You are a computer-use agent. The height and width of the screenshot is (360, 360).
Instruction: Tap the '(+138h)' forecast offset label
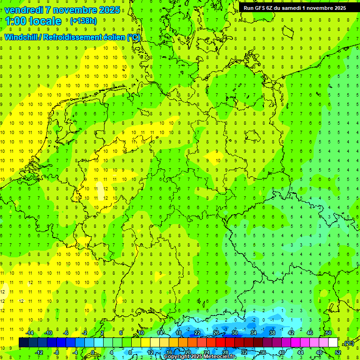[x=83, y=21]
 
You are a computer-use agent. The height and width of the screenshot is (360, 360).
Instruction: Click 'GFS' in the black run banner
[x=260, y=7]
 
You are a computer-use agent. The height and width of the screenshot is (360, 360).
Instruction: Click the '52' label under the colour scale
[x=337, y=352]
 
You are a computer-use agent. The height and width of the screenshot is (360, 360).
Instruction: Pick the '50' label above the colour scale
[x=328, y=332]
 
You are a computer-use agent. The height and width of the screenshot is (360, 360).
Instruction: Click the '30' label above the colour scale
[x=234, y=332]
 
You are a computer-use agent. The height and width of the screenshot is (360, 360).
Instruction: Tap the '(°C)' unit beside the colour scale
[x=348, y=343]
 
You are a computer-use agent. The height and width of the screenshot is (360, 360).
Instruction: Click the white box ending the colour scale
[x=333, y=343]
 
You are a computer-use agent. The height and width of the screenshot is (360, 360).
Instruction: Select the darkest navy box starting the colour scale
[x=23, y=343]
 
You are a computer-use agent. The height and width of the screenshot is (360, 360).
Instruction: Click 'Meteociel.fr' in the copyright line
[x=220, y=357]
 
